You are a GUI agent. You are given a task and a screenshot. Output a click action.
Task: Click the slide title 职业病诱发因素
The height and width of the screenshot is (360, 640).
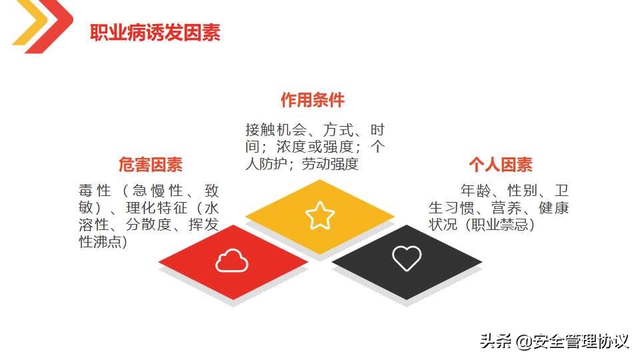(x=155, y=33)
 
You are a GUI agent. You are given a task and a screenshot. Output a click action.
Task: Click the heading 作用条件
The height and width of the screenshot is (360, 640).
(x=313, y=100)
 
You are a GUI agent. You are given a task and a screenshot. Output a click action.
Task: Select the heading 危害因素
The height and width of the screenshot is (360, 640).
(x=151, y=164)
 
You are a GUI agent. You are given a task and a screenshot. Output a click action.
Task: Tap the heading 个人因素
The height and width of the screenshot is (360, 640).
(x=500, y=164)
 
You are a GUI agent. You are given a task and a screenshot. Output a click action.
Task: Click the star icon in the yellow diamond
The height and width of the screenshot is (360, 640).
(x=320, y=215)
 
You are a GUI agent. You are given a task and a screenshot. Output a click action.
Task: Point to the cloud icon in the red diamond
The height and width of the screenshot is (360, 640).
(x=231, y=261)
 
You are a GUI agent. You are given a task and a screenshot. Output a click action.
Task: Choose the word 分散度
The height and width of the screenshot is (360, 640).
(x=147, y=225)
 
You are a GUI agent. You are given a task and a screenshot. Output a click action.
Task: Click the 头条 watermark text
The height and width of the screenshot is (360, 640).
(x=495, y=342)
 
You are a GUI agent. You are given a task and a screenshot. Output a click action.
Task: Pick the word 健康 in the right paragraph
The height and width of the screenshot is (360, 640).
(x=554, y=207)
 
